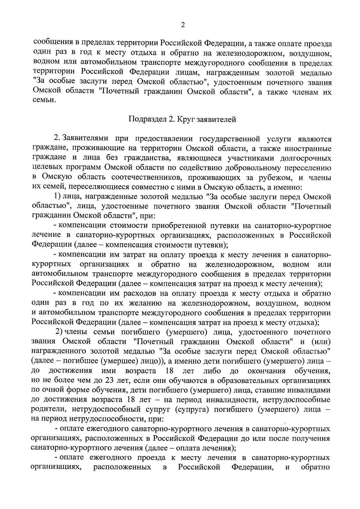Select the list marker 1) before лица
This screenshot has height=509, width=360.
coord(58,197)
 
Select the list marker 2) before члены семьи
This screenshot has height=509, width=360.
coord(58,332)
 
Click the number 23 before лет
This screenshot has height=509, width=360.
coord(108,381)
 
